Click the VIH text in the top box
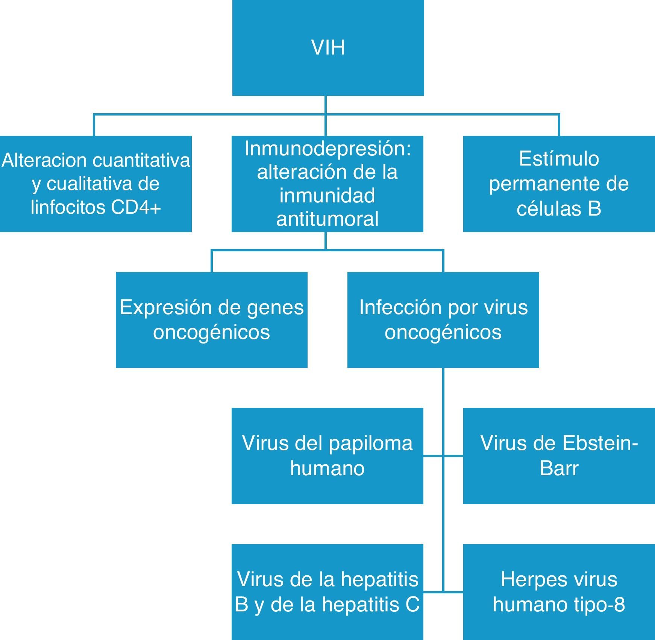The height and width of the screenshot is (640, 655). click(328, 48)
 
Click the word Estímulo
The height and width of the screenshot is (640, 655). click(559, 159)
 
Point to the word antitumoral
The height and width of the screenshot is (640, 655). click(327, 219)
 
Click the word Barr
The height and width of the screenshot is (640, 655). click(559, 468)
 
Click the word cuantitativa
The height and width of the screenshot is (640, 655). click(141, 161)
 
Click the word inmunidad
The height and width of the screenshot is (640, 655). click(327, 196)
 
